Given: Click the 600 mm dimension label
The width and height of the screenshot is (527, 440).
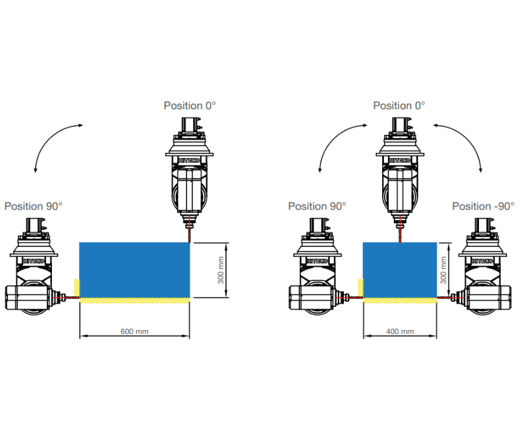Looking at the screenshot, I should click(x=134, y=331).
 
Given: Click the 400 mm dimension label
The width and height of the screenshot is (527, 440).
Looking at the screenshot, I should click(x=400, y=331).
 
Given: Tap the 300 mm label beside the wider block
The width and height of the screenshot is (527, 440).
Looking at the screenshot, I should click(x=221, y=271).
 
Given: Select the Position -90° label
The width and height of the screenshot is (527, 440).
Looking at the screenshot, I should click(x=483, y=206).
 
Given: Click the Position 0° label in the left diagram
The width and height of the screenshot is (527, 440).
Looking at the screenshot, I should click(x=190, y=105).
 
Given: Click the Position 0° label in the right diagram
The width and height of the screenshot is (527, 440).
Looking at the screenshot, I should click(x=399, y=105).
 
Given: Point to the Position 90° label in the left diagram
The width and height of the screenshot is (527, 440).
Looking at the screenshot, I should click(x=34, y=206).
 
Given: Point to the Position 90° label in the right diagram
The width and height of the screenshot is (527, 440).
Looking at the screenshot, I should click(x=317, y=206).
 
